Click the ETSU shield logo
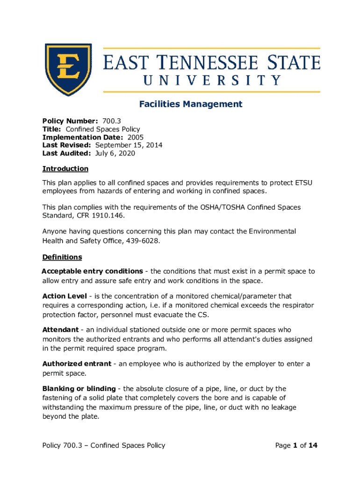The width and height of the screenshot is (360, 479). click(x=68, y=69)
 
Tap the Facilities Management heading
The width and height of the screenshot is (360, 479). click(x=191, y=104)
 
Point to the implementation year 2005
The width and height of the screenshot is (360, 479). click(x=136, y=137)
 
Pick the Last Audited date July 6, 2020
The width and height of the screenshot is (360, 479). click(x=115, y=153)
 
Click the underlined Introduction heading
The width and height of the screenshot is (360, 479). click(x=65, y=168)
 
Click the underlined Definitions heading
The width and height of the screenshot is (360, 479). click(x=62, y=257)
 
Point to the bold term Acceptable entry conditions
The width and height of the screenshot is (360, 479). click(x=93, y=271)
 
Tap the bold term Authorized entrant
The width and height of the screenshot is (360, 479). click(x=77, y=364)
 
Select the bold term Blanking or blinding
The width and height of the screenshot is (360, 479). click(x=79, y=389)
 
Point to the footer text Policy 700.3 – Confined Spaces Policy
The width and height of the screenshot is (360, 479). click(x=104, y=445)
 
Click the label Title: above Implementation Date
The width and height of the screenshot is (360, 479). click(x=52, y=129)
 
